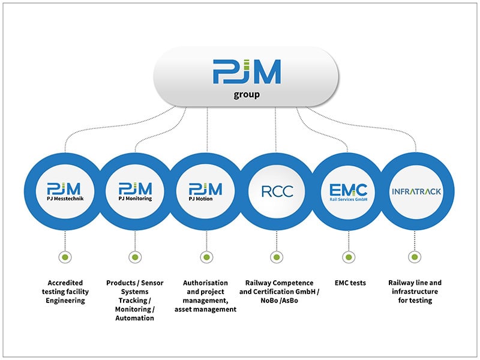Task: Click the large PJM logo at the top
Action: [246, 71]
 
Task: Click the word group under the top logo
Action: [247, 95]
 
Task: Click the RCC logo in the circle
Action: [276, 191]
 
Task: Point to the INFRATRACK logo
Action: [416, 191]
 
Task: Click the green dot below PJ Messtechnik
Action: [65, 257]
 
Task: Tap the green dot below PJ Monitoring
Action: [135, 257]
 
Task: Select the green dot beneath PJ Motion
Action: [205, 257]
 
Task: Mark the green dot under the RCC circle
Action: [276, 257]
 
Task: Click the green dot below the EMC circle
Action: [347, 257]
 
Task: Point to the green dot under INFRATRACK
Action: [414, 257]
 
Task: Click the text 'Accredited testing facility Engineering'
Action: [65, 292]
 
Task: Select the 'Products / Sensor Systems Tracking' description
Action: [134, 300]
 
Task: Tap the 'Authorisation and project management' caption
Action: [205, 296]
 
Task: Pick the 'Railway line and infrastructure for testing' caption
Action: [415, 292]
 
